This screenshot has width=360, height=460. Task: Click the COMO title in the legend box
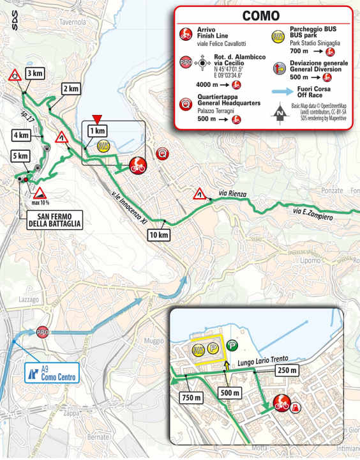click(260, 15)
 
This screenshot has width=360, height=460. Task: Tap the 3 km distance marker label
click(34, 73)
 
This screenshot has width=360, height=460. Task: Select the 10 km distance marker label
click(160, 235)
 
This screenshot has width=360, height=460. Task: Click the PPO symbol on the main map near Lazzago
click(43, 332)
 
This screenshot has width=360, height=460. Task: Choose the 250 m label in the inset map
click(286, 370)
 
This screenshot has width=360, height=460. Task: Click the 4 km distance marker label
click(20, 135)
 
